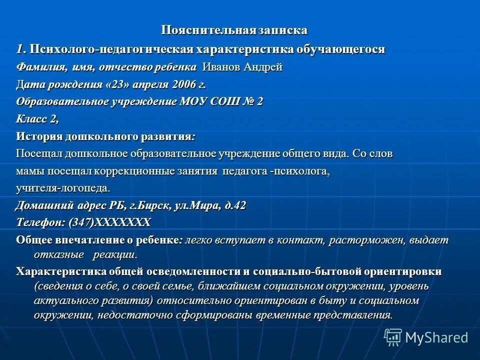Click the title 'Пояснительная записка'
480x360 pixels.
coord(233,30)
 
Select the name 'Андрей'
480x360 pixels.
coord(264,67)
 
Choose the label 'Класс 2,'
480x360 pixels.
coord(37,119)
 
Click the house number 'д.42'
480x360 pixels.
coord(234,205)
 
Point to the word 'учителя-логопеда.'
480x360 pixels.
coord(62,188)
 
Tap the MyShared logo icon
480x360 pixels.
coord(393,336)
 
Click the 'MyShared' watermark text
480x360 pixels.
coord(436,337)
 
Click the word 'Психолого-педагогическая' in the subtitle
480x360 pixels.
coord(110,49)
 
